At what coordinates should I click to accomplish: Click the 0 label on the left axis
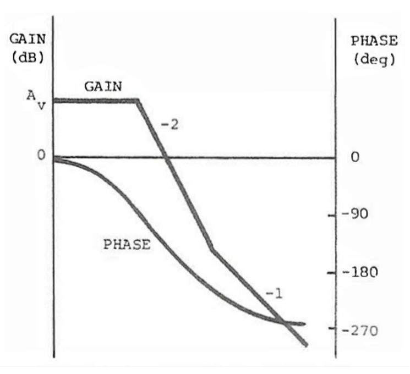point(41,156)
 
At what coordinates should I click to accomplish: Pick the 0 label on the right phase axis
point(355,158)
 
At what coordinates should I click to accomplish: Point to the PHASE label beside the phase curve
point(127,244)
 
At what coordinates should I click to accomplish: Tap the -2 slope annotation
point(169,125)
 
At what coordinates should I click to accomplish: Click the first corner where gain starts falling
point(137,101)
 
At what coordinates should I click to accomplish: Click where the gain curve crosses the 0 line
point(166,158)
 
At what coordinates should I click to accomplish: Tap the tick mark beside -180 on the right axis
point(332,272)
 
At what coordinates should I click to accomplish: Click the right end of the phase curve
point(304,324)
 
